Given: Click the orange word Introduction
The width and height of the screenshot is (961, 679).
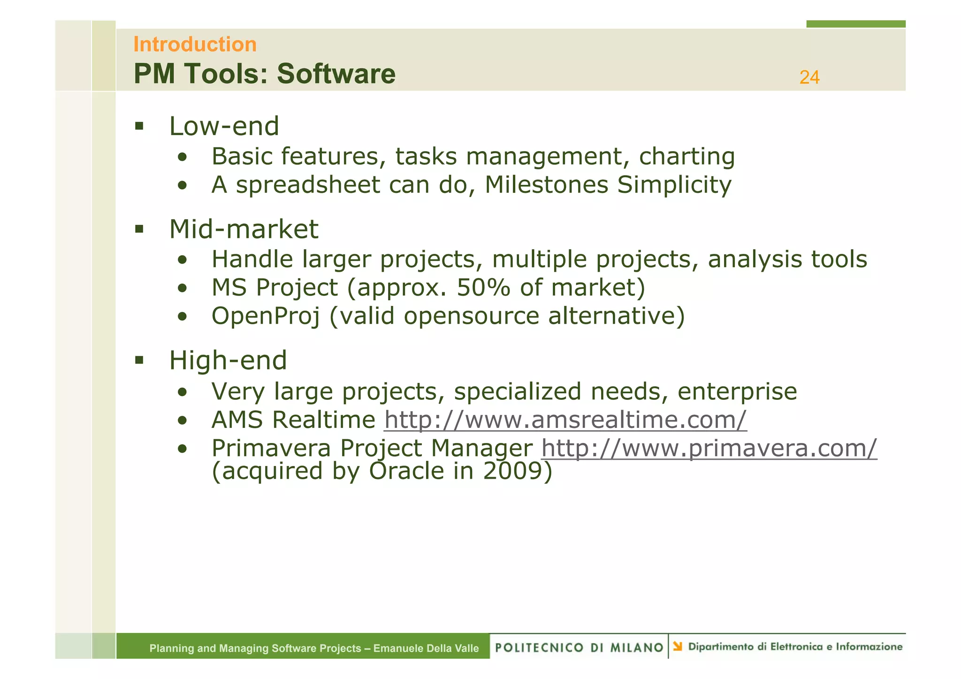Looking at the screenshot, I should (195, 45).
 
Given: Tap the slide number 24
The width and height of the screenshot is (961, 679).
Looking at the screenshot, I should (809, 77).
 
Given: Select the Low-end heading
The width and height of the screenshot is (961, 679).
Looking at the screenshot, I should (224, 126).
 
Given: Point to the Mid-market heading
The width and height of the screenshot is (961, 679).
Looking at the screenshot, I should (244, 229).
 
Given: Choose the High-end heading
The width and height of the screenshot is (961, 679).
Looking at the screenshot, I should (228, 360).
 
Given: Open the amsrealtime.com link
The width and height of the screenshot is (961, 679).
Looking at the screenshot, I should (565, 420).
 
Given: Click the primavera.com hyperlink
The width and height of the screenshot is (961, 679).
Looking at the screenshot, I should (709, 448).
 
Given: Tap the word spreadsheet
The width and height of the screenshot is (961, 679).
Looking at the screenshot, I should (308, 185).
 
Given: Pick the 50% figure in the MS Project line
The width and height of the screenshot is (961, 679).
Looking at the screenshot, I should (483, 288).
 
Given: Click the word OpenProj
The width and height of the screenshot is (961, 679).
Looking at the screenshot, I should (266, 316).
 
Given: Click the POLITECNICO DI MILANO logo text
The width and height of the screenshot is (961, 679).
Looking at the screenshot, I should (579, 648).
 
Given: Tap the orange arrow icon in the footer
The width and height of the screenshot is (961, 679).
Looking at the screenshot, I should (677, 647).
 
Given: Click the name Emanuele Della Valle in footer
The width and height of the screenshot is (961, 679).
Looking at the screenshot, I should (426, 648).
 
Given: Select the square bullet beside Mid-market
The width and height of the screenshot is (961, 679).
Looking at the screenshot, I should (139, 229).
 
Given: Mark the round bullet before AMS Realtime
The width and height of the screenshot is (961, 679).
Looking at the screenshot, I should (183, 420).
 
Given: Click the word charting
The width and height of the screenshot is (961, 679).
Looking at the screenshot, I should (686, 156).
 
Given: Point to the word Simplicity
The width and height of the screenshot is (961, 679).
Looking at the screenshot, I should (674, 185).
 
